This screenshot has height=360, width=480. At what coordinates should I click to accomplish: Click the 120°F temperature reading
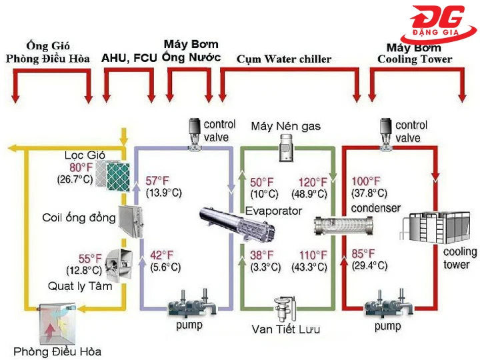point(311,182)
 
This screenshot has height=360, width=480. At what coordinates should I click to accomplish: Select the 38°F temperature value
point(262,255)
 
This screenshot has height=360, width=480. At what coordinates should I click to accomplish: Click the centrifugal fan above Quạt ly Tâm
point(121,263)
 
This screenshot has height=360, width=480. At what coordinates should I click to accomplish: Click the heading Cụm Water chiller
point(284,59)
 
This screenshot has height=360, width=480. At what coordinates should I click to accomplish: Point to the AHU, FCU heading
point(129,58)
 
